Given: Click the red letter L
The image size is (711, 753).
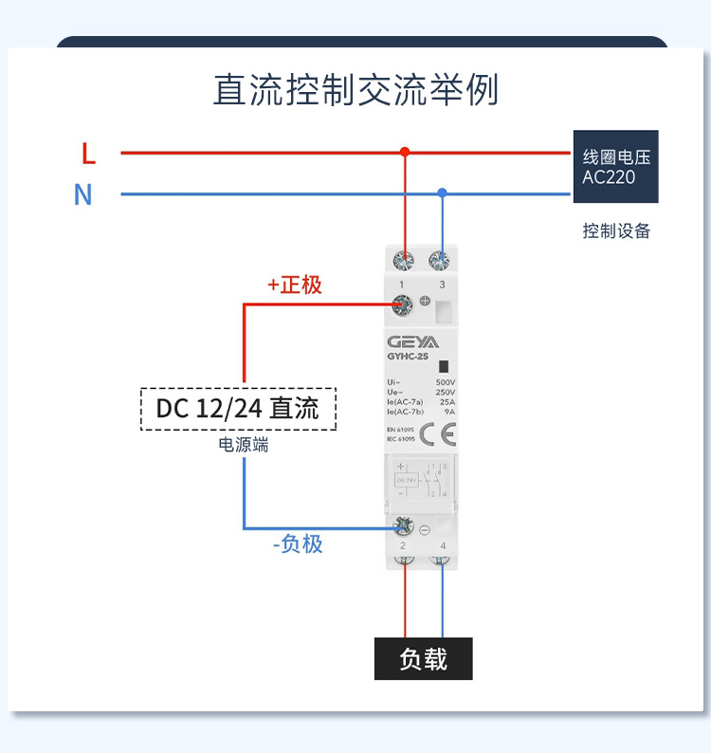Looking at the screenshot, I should coord(88,152).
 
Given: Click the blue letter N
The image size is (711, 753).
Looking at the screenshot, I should coord(83,194).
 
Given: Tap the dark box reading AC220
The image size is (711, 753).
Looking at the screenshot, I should coord(615,167).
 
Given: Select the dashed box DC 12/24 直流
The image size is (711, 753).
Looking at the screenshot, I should coord(238,409).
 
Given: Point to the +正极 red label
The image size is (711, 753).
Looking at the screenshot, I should coord(295,285).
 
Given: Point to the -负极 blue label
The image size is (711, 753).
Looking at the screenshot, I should coord(297,543).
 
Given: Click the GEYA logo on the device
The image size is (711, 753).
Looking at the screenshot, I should coord(412,341).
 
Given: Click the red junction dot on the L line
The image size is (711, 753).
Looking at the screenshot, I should coord(405,152).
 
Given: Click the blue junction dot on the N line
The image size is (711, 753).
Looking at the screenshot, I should coord(442,193).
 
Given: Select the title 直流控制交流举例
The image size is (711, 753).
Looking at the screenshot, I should coord(355,91).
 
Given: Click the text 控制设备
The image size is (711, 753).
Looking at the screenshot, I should coord(616,230).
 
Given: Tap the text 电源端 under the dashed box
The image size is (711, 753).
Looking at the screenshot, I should coord(244,445).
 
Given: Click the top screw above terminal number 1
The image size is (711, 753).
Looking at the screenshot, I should coord(405,260).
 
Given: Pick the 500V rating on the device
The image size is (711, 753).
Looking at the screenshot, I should coord(446,381).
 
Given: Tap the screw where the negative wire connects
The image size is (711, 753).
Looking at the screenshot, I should coord(405,525).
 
